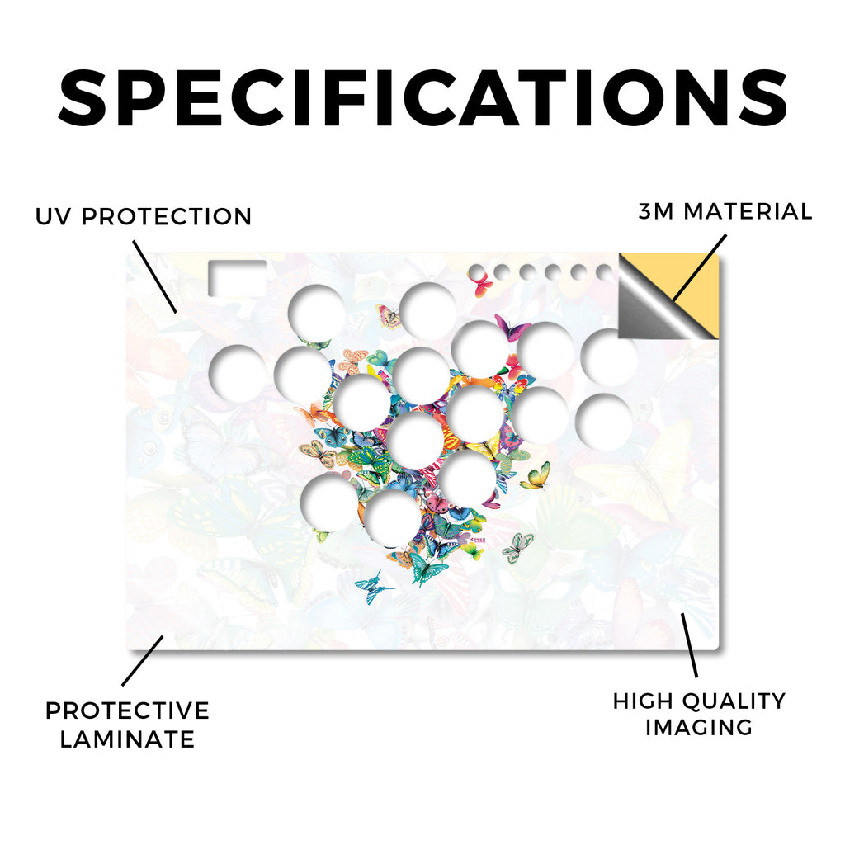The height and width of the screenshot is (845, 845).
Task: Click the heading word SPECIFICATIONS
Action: coord(422,98)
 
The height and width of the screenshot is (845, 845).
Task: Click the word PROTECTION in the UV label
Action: coord(167,217)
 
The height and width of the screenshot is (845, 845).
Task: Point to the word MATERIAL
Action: coord(748,211)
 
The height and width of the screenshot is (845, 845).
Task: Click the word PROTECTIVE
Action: coord(127,710)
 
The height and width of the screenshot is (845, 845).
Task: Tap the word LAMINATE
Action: coord(127,739)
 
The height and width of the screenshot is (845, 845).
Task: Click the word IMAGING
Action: coord(699,728)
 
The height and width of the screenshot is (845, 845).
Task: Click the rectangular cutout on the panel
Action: coord(237,278)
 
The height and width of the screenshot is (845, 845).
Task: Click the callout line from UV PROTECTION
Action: coord(154,276)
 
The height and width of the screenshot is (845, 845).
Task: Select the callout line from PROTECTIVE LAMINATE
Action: coord(143,661)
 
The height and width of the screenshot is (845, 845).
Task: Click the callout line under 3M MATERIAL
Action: coord(700,267)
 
